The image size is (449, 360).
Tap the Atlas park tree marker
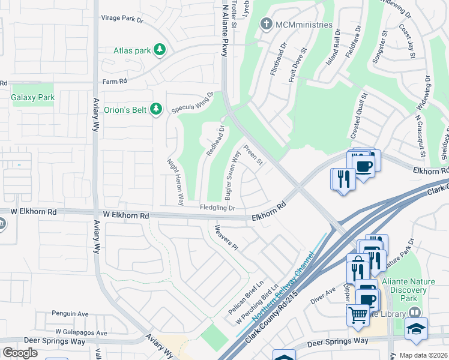[x=160, y=50]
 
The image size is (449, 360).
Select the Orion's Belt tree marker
[x=156, y=109]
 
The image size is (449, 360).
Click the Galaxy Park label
[x=33, y=97]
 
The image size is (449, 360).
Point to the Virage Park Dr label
[x=122, y=19]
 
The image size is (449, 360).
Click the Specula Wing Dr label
[x=193, y=103]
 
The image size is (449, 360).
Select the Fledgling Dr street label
[x=217, y=208]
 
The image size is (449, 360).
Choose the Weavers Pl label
[x=227, y=238]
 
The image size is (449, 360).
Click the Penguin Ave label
[x=70, y=314]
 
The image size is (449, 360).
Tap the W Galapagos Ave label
[x=81, y=332]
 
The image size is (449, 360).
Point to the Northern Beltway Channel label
[x=277, y=294]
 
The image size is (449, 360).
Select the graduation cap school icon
[x=415, y=328]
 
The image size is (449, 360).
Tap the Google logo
[x=20, y=353]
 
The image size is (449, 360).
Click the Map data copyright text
[x=423, y=355]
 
